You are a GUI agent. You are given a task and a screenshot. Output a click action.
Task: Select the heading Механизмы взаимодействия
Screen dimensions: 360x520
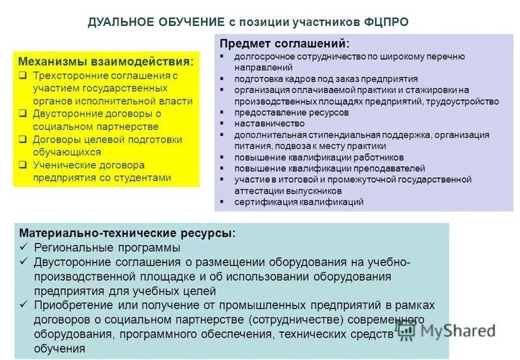pyautogui.click(x=106, y=61)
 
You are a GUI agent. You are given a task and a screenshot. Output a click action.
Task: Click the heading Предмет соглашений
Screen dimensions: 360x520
pyautogui.click(x=284, y=44)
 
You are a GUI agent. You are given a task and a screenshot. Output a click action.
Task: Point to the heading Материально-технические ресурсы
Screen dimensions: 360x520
pyautogui.click(x=127, y=233)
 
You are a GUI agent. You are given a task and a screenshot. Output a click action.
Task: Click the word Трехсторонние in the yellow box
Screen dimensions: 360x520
pyautogui.click(x=68, y=75)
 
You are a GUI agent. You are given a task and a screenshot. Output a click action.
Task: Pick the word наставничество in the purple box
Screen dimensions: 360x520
pyautogui.click(x=270, y=123)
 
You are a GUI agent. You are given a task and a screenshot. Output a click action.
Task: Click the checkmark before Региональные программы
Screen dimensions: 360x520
pyautogui.click(x=23, y=248)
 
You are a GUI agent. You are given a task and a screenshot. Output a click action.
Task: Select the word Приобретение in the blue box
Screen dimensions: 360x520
pyautogui.click(x=67, y=305)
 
